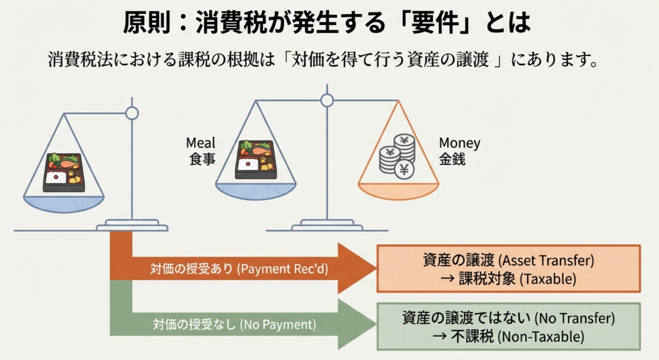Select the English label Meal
point(201,143)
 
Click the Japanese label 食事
point(200,159)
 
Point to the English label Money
point(459,143)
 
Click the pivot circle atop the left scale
point(132,114)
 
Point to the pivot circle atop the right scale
point(327,100)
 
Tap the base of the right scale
point(327,226)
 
